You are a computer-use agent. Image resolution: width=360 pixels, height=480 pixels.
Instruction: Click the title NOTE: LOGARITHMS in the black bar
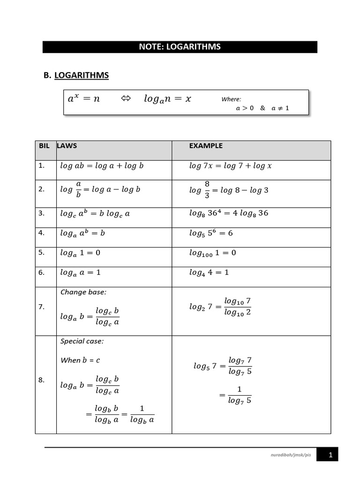(x=180, y=47)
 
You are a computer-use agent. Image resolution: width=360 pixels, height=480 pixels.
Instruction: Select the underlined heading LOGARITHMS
(x=82, y=75)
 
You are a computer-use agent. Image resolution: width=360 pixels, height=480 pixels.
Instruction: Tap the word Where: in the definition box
(x=231, y=99)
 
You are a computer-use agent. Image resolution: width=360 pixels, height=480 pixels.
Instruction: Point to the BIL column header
(x=44, y=146)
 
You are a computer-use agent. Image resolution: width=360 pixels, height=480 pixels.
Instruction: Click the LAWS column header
(x=67, y=146)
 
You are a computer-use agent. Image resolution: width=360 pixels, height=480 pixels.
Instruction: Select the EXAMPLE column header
(x=206, y=146)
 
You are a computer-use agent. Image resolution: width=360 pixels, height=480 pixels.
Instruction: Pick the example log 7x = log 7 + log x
(x=231, y=166)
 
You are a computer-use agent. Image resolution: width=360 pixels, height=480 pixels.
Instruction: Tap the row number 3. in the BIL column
(x=42, y=213)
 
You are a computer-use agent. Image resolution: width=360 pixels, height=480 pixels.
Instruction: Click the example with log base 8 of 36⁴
(x=229, y=213)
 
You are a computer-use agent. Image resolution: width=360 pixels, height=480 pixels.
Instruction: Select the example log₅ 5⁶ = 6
(x=211, y=233)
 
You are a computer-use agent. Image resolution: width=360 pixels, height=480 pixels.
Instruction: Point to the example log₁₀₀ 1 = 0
(x=213, y=253)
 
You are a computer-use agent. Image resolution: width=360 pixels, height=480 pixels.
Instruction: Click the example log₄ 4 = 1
(x=209, y=272)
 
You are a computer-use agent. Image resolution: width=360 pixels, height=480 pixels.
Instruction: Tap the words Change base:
(x=83, y=292)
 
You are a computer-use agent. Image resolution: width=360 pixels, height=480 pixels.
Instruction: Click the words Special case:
(x=82, y=341)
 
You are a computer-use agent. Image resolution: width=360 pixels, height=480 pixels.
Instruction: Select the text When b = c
(x=80, y=360)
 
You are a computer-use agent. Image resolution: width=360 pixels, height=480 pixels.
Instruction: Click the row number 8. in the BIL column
(x=42, y=380)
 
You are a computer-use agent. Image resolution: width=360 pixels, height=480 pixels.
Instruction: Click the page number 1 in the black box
(x=330, y=455)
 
